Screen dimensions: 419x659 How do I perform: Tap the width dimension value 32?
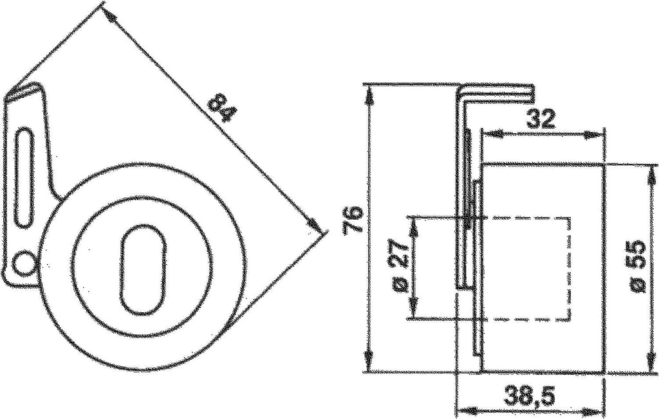pyautogui.click(x=541, y=120)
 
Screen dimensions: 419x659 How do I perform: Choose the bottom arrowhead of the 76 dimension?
pyautogui.click(x=369, y=366)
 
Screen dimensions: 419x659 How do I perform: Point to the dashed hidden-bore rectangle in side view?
pyautogui.click(x=528, y=268)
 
